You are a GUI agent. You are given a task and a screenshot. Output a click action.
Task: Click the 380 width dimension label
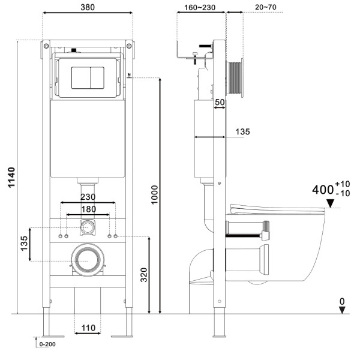pos(88,7)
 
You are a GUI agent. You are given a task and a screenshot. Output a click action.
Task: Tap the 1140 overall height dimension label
pos(11,177)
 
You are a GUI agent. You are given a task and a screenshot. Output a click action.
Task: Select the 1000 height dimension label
pos(155,194)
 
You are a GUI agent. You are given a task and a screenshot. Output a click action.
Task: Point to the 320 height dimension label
pos(144,275)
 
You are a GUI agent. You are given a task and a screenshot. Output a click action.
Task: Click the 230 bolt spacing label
pos(88,197)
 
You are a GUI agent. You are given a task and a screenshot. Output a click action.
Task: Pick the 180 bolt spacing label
pos(89,209)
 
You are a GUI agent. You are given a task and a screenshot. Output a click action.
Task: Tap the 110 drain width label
pos(88,328)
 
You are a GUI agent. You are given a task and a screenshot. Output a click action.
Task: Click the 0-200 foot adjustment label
pos(47,344)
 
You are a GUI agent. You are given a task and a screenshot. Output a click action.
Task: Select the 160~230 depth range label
pos(200,8)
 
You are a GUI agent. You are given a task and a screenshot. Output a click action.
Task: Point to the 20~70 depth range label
pos(266,7)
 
